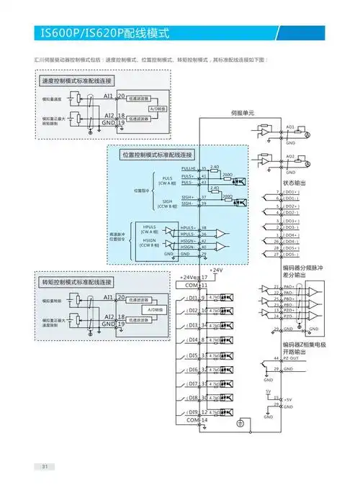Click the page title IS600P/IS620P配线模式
pos(101,33)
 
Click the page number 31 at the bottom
pos(44,466)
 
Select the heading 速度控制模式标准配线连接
pos(78,82)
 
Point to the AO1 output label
pos(290,126)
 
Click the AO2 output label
pos(290,155)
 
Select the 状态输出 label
pos(293,184)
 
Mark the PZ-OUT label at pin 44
pos(292,358)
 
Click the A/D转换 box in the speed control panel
pos(158,109)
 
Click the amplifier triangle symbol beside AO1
pos(267,133)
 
